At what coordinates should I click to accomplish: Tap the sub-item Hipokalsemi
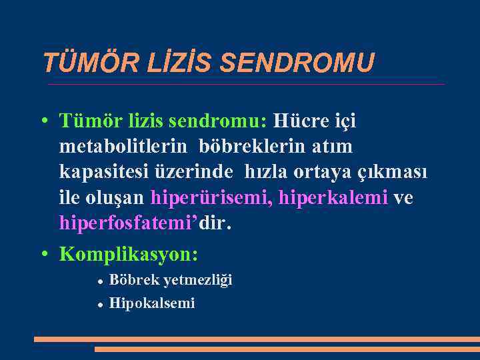click(x=152, y=303)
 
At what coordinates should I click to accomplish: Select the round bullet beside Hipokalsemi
click(x=99, y=304)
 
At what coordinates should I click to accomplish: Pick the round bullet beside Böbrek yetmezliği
click(x=99, y=281)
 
